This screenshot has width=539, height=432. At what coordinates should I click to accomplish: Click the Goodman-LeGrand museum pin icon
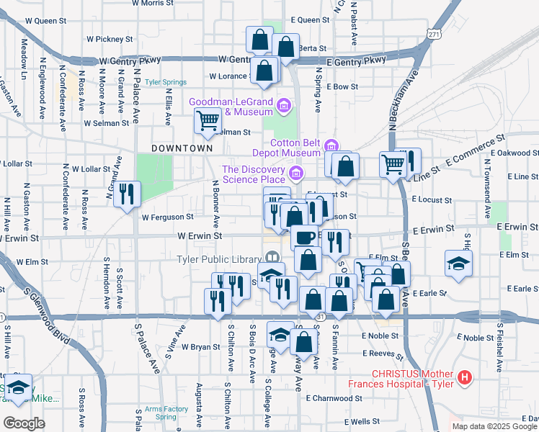[x=285, y=107]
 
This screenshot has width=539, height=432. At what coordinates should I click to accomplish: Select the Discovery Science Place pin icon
[x=295, y=173]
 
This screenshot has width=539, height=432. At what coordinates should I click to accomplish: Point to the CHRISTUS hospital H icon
[x=465, y=377]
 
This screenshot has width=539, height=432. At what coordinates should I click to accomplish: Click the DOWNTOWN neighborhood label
[x=182, y=148]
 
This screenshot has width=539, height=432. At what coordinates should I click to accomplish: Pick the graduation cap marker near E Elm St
[x=458, y=262]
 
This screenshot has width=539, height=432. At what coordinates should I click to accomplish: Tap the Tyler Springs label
[x=163, y=82]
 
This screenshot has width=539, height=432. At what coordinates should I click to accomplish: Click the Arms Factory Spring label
[x=166, y=413]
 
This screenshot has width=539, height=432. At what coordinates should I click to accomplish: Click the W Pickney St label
[x=110, y=38]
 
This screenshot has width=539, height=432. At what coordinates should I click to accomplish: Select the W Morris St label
[x=153, y=3]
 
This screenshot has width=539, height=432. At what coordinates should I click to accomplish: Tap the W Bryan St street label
[x=200, y=346]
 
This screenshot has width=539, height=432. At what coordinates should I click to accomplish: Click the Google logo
[x=24, y=423]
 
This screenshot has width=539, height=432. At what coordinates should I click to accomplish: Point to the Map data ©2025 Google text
[x=494, y=426]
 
